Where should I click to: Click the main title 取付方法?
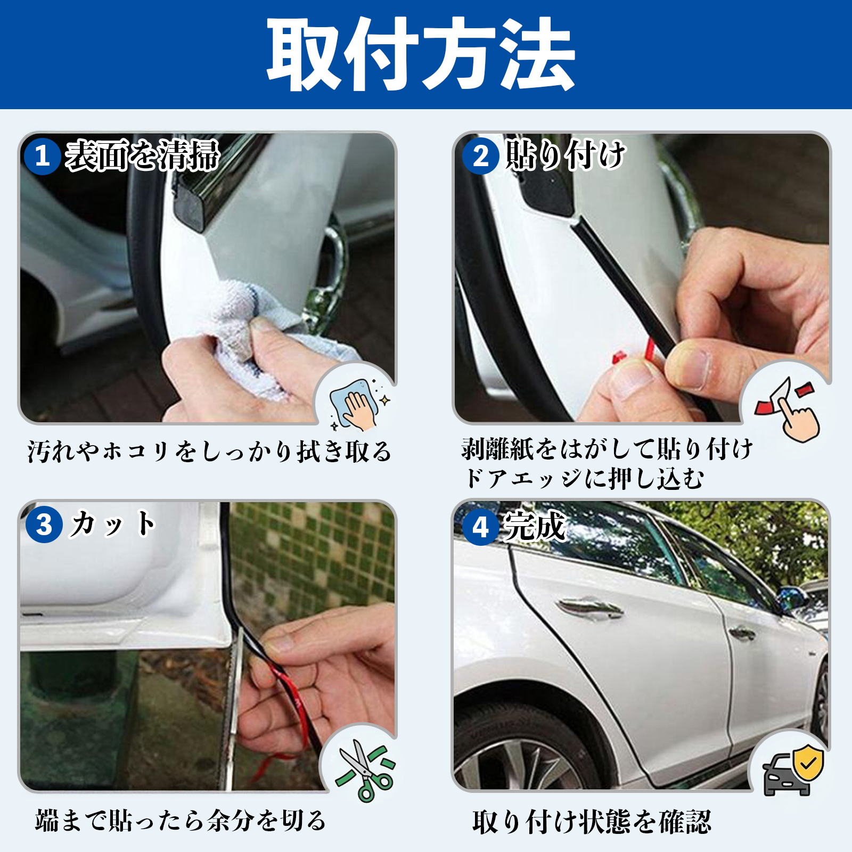421,54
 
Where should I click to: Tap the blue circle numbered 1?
42,156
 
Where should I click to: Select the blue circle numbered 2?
481,156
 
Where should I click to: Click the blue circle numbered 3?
44,525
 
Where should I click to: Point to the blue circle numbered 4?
481,527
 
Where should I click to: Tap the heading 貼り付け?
565,154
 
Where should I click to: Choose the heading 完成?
535,526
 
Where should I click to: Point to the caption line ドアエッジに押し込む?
584,478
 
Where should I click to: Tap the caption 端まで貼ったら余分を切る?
181,821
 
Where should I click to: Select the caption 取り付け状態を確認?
592,822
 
